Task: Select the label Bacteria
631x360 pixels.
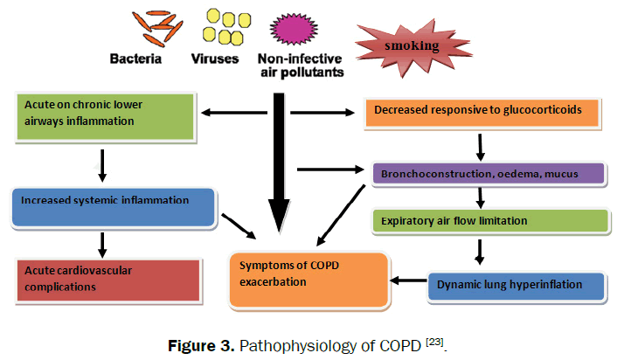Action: (x=137, y=59)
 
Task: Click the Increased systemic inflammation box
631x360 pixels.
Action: (x=113, y=204)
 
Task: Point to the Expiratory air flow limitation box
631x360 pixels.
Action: (x=489, y=220)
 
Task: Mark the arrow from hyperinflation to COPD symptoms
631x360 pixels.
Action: (x=407, y=281)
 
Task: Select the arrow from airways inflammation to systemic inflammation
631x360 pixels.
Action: (x=103, y=163)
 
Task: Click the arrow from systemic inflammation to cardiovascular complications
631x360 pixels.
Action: (x=103, y=245)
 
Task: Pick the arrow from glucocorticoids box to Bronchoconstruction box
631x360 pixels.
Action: (x=480, y=143)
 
